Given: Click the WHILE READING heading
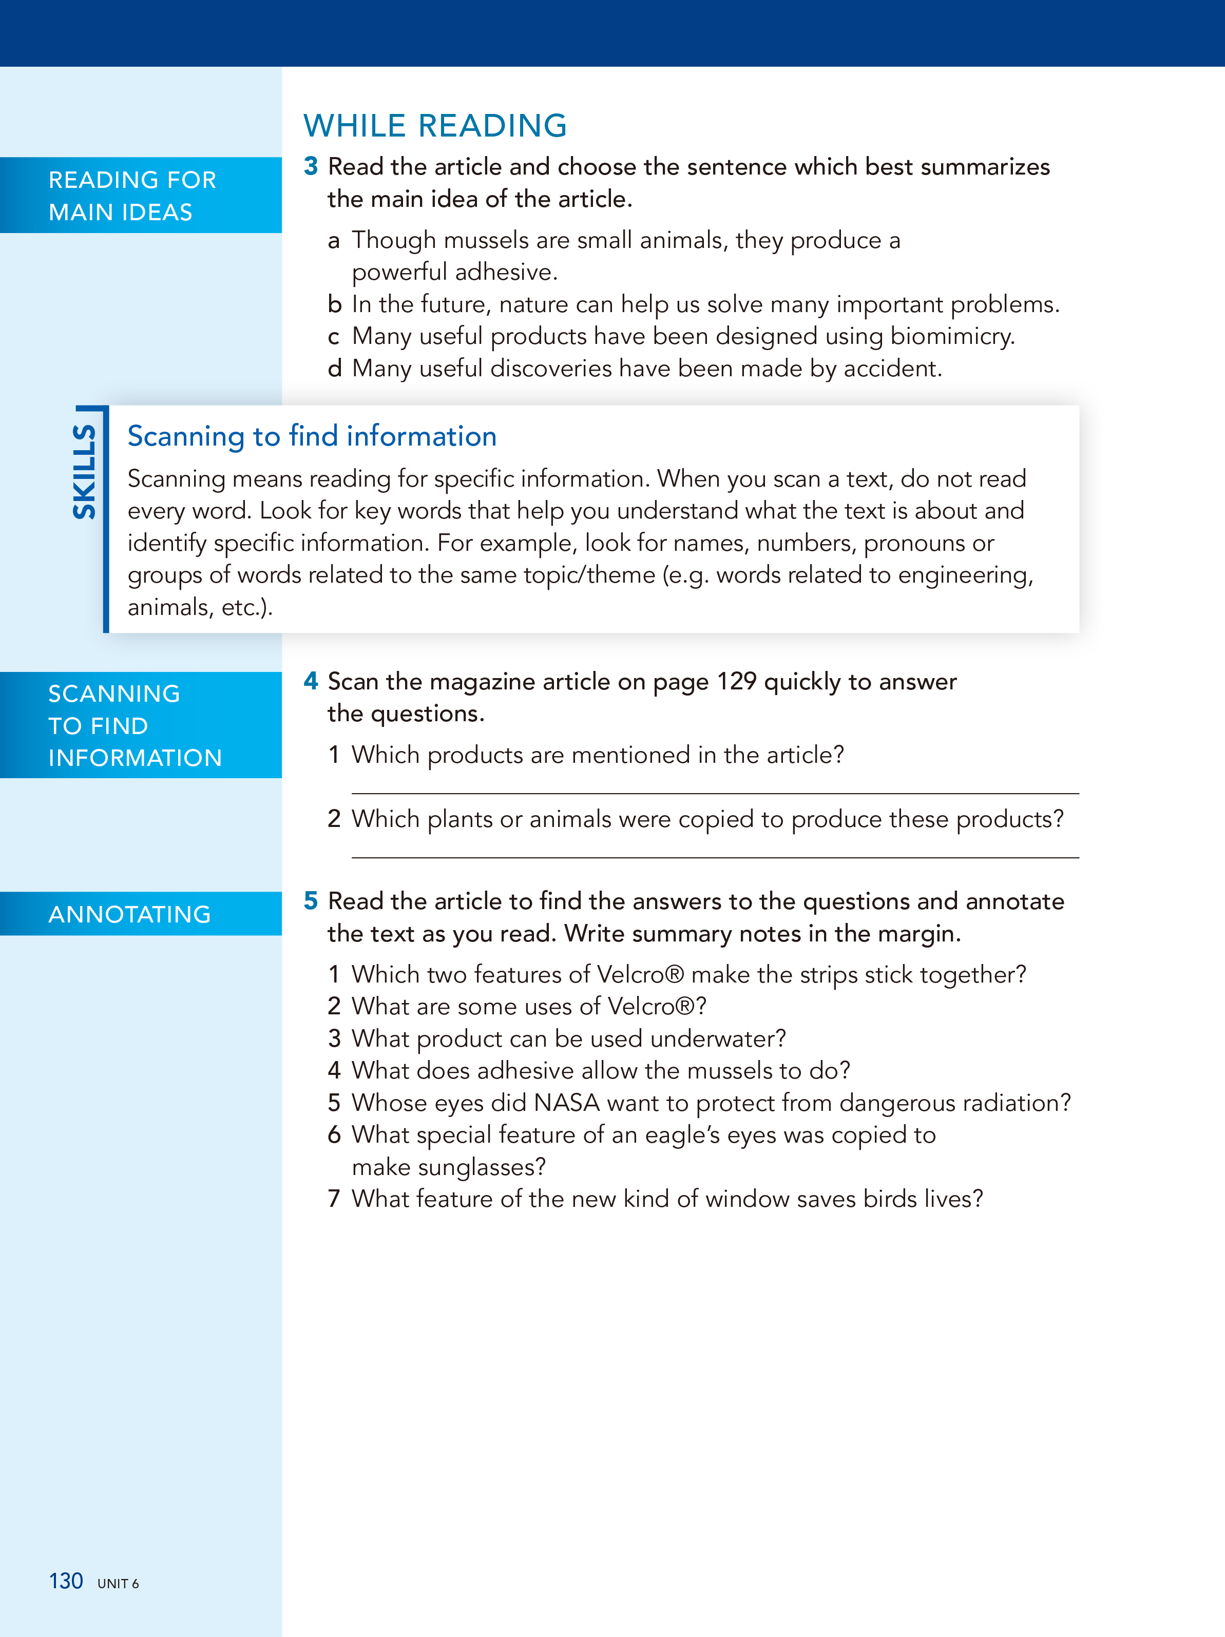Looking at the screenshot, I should point(435,126).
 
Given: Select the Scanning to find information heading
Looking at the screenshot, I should point(312,437).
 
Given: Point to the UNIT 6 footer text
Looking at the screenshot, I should point(119,1584).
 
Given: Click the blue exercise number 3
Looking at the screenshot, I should point(311,166).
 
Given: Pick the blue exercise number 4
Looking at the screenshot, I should point(311,681).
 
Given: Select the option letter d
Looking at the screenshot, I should point(335,369).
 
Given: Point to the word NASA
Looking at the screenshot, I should point(566,1103).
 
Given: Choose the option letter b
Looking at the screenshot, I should point(335,305).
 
